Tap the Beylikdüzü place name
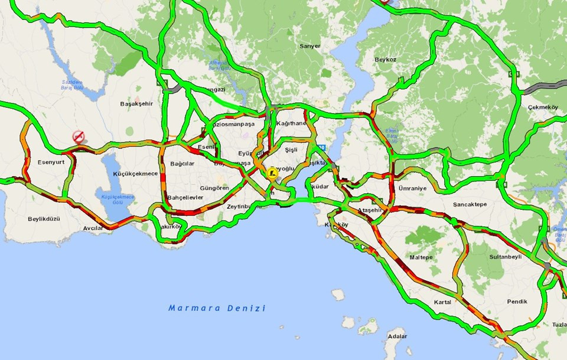pos(44,219)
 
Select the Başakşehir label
pos(136,103)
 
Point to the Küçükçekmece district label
pos(135,173)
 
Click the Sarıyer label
pos(309,46)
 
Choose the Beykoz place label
pos(384,60)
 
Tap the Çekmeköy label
pos(543,107)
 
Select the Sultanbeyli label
pos(506,257)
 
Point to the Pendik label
pos(517,301)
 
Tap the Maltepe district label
pos(421,257)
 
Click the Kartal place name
pos(442,301)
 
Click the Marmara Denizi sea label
pos(217,308)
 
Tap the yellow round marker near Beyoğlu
pos(272,173)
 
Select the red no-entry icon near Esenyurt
pos(79,137)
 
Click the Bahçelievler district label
pos(185,197)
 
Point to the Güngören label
pos(214,187)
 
